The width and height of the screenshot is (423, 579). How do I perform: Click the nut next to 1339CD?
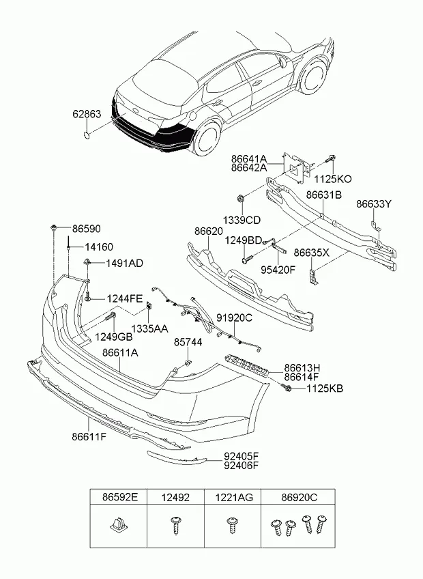coord(242,199)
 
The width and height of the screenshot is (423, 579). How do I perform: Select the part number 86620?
coord(209,232)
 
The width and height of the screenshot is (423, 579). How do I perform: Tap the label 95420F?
coord(278,269)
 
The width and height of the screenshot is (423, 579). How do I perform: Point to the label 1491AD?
coord(123,263)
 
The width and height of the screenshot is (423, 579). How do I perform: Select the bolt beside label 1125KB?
coord(288,388)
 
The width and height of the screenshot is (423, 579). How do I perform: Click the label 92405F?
coord(241,456)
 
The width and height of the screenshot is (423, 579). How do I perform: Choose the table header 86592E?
coord(119,498)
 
